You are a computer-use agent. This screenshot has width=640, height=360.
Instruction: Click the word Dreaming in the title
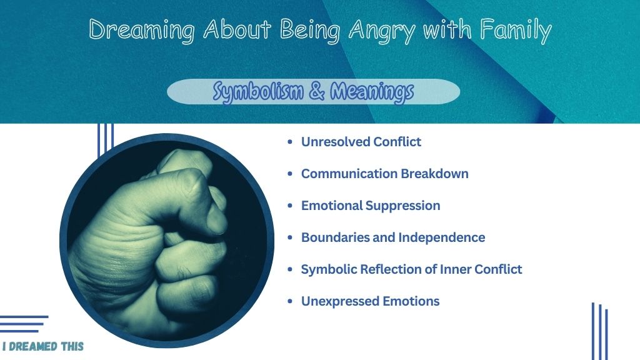(x=142, y=31)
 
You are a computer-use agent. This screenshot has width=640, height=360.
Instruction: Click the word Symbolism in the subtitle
(x=258, y=92)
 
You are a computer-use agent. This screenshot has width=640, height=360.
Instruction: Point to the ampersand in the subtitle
(x=317, y=91)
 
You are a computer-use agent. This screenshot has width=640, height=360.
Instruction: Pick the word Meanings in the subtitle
(x=372, y=92)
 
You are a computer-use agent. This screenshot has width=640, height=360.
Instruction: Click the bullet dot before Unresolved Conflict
(x=290, y=142)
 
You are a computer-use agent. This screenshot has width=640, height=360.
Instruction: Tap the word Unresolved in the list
(x=335, y=142)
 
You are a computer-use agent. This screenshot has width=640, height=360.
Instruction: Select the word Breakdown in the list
(x=435, y=174)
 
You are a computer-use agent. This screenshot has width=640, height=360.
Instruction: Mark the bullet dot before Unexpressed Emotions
(x=290, y=301)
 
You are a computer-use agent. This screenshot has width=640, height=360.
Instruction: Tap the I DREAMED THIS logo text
(x=43, y=346)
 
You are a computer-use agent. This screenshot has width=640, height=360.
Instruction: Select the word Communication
(x=349, y=174)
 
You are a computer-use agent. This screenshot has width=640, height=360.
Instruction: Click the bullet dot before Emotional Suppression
(x=290, y=205)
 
